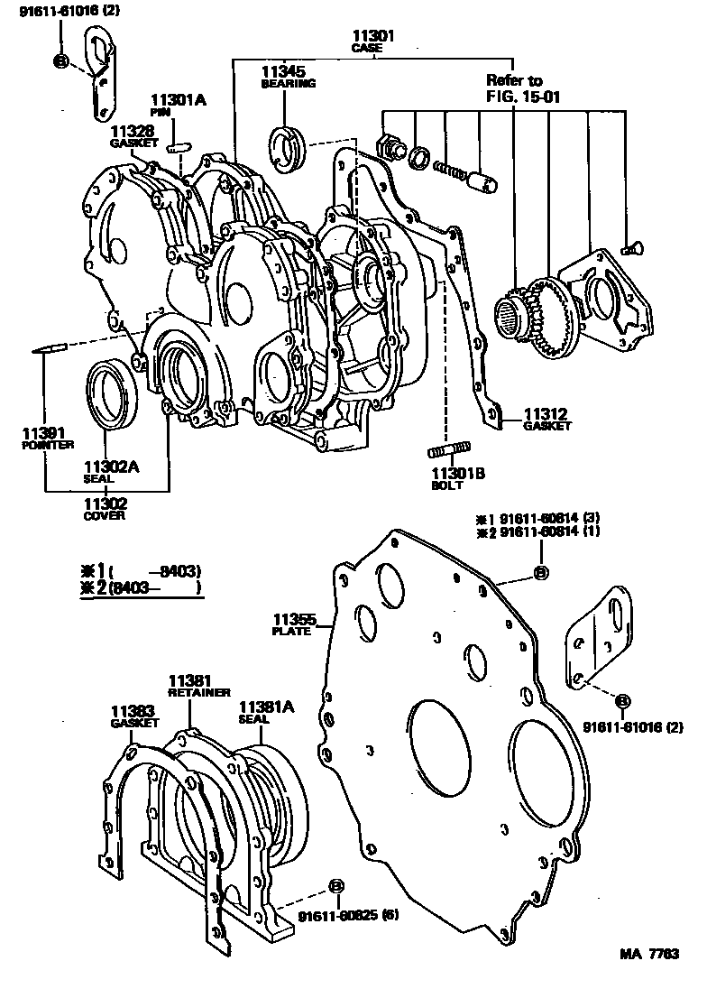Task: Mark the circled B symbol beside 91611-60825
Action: coord(335,886)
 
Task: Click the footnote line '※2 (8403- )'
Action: coord(141,588)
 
